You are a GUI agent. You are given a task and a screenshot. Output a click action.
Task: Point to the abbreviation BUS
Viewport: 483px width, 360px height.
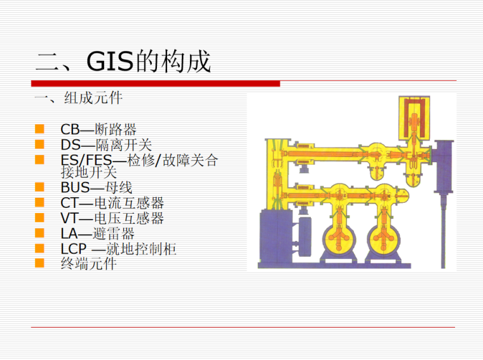(74, 188)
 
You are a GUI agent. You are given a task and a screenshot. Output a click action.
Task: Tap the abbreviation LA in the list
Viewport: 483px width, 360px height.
(69, 233)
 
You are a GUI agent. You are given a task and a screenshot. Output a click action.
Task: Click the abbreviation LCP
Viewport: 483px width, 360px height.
(73, 249)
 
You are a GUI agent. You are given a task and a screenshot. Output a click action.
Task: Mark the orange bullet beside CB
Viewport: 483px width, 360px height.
(39, 130)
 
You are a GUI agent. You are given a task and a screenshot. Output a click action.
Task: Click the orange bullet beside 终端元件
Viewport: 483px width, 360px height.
(39, 263)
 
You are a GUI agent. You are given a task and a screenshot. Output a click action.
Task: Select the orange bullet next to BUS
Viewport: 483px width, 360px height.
(39, 188)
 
